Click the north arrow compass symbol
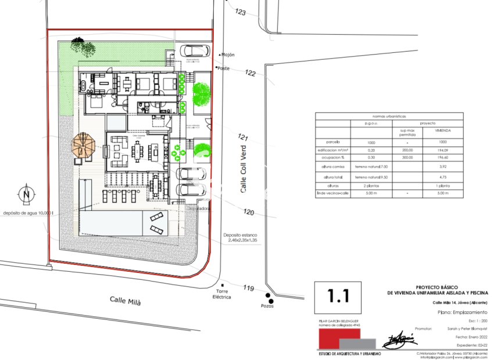[x=27, y=195]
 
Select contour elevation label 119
[x=249, y=288]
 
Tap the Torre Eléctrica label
[x=220, y=294]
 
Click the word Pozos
[x=267, y=305]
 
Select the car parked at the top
[x=194, y=51]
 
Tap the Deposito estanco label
[x=239, y=236]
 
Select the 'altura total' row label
[x=333, y=177]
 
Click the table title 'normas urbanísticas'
[x=389, y=115]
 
